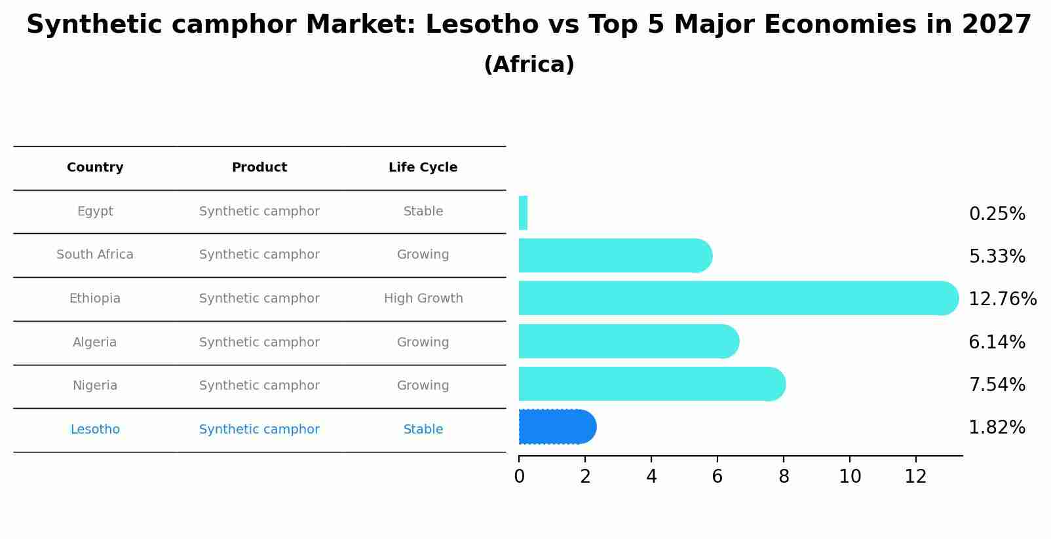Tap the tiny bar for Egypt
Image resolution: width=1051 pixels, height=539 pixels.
point(523,213)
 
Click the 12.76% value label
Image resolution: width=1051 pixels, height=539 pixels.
point(1002,299)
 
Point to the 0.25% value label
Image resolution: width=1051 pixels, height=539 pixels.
point(997,214)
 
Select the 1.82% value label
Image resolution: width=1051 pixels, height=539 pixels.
point(997,428)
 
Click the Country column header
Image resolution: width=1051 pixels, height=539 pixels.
point(95,168)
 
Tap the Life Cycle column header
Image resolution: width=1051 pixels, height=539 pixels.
point(423,168)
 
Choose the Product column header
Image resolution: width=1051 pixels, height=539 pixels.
point(259,168)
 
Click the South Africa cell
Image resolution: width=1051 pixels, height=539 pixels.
point(95,255)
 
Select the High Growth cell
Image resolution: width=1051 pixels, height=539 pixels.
point(423,299)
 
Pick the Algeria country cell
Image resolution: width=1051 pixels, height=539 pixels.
point(95,343)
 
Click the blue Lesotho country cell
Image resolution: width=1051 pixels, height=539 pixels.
point(95,430)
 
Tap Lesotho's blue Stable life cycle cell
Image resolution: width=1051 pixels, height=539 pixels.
point(423,430)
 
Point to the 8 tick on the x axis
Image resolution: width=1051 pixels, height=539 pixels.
point(784,477)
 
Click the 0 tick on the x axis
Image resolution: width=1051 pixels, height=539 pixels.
point(519,477)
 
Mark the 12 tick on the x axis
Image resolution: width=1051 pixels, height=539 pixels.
point(915,477)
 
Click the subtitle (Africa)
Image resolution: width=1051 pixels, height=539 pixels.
point(529,65)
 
